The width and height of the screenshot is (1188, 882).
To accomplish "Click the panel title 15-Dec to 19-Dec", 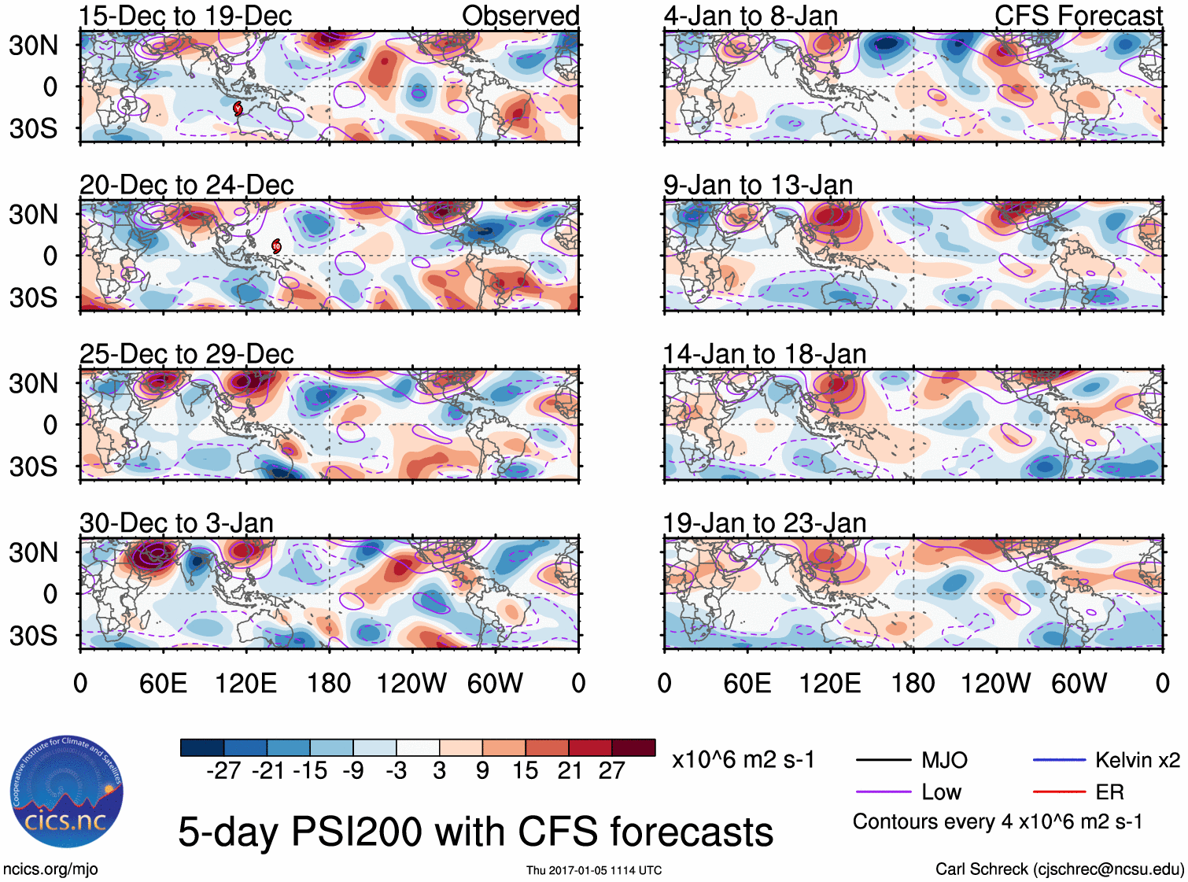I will click(186, 16).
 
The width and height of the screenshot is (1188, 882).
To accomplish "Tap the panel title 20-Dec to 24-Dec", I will click(186, 185).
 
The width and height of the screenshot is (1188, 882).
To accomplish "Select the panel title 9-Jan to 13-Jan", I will click(758, 185).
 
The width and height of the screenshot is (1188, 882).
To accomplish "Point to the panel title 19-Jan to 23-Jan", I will click(764, 523).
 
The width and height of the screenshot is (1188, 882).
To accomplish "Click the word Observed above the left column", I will click(520, 16).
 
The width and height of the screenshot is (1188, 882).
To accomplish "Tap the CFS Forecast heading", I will click(1078, 16).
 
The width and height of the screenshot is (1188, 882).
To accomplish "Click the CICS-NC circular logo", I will click(66, 792).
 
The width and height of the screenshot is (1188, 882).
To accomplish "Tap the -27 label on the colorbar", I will click(223, 771).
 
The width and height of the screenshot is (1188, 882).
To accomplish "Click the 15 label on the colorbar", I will click(525, 771).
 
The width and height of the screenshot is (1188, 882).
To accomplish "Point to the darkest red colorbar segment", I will click(633, 747).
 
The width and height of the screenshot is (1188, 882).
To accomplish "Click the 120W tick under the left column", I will click(411, 683).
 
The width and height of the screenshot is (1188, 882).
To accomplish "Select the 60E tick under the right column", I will click(747, 683).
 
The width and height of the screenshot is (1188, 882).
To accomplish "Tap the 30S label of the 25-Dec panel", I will click(33, 467).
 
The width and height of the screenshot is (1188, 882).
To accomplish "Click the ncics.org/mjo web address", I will click(50, 869).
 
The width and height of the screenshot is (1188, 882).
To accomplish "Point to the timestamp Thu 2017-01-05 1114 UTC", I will click(594, 870).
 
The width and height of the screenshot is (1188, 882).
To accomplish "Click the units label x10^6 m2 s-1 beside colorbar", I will click(743, 760).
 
